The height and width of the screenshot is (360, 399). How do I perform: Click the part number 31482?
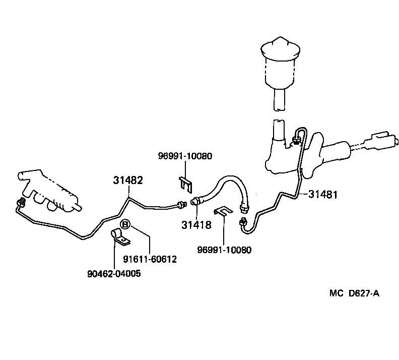[x=128, y=180]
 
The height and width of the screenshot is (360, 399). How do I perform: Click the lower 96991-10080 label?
[x=225, y=250]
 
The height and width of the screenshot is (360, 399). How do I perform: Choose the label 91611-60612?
[x=150, y=259]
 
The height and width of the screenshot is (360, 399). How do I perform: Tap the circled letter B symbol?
[x=125, y=223]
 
